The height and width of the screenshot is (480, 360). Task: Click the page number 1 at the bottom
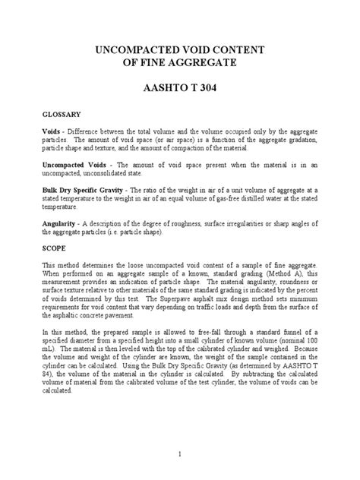tap(180, 453)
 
